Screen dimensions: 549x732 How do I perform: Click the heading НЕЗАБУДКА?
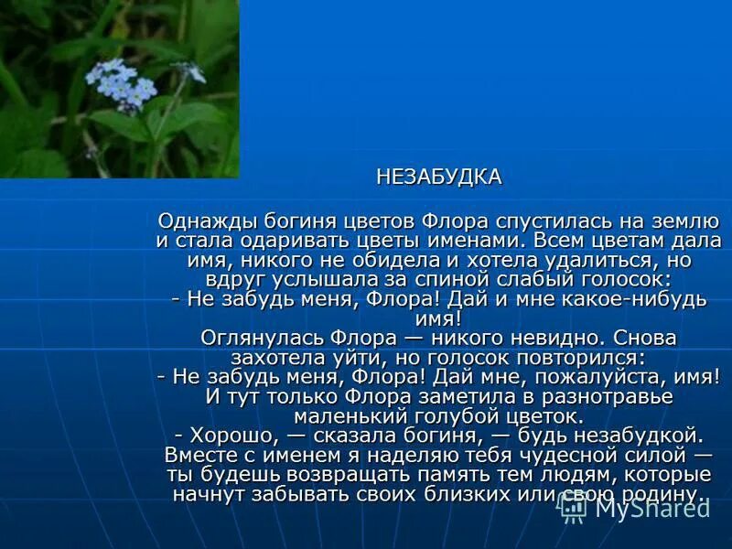coord(439,178)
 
